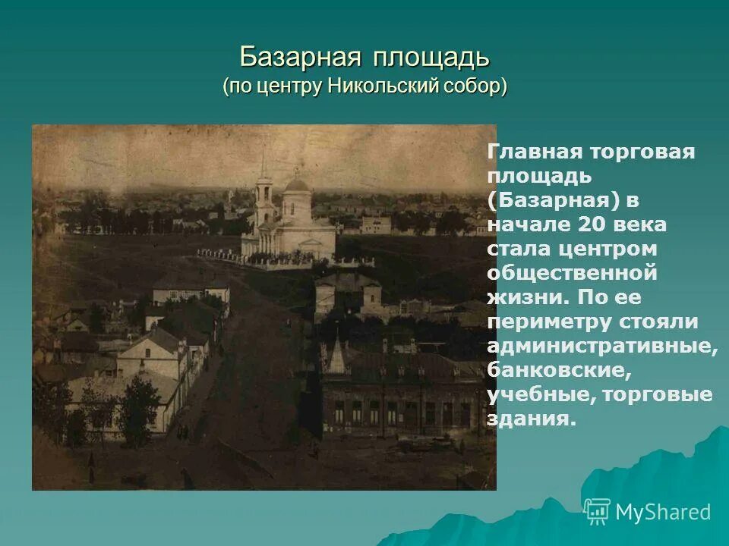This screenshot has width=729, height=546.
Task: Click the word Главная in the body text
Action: (x=532, y=152)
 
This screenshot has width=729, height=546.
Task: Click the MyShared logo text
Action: (x=663, y=512)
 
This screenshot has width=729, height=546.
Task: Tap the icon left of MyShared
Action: (x=597, y=511)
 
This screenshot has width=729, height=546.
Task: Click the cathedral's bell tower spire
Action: (x=264, y=163)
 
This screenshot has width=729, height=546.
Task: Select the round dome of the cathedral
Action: (x=297, y=183)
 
